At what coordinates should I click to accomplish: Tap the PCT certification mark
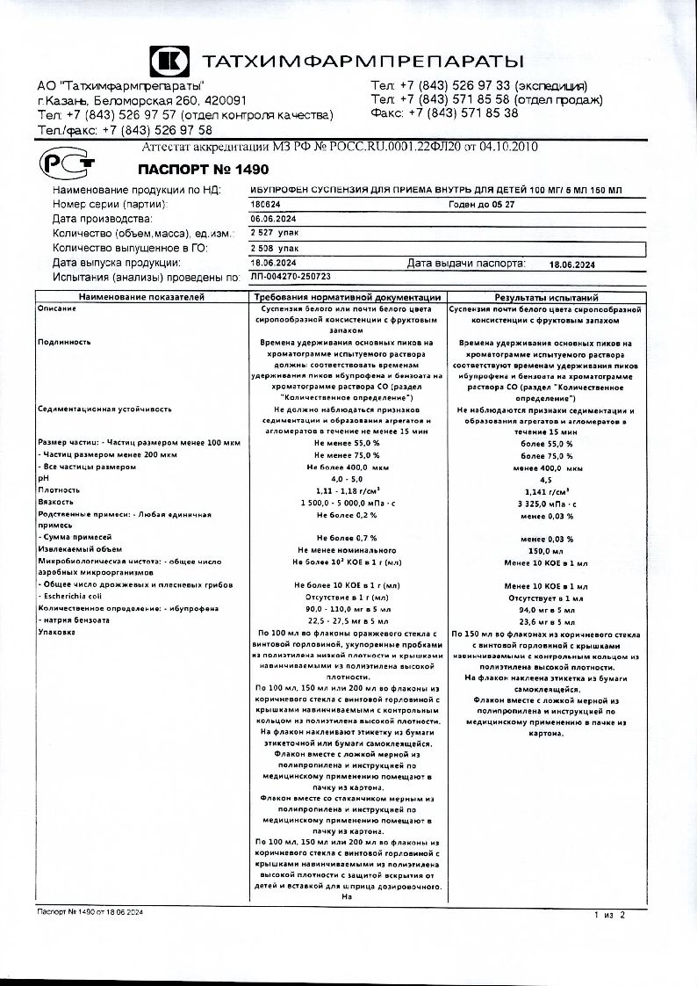click(60, 163)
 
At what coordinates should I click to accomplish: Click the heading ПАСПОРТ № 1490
click(191, 169)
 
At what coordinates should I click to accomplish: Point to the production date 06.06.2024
click(273, 219)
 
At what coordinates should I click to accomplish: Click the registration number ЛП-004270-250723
click(289, 276)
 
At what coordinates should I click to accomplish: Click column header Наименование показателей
click(140, 298)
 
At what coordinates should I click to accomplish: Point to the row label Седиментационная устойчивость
click(104, 410)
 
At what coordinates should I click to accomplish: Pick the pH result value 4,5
click(546, 478)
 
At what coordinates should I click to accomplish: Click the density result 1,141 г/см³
click(546, 489)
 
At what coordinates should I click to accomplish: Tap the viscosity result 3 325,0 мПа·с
click(546, 502)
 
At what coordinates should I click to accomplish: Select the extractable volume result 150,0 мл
click(546, 549)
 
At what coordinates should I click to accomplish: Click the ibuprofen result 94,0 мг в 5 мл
click(546, 608)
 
